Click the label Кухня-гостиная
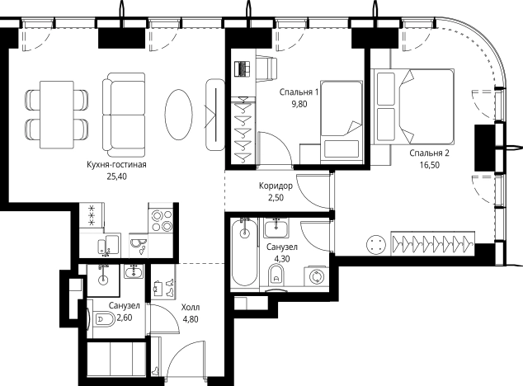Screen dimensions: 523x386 pos(116,164)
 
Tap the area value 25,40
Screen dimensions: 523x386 pos(117,177)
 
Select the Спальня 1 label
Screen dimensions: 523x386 pos(299,92)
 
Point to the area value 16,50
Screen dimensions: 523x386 pos(430,165)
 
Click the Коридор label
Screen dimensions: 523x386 pos(276,186)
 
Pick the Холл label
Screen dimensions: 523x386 pos(191,307)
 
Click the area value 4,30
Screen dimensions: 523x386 pos(282,258)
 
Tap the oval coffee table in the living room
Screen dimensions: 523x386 pos(178,115)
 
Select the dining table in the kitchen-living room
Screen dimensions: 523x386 pos(57,115)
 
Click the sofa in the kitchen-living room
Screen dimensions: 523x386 pos(124,115)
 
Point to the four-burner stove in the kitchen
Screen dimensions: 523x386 pos(162,220)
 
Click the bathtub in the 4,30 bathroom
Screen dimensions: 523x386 pos(245,252)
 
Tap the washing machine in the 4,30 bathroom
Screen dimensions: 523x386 pos(316,276)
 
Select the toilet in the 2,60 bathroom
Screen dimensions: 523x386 pos(104,318)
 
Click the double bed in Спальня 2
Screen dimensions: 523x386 pos(412,106)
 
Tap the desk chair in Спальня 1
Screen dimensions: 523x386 pos(266,68)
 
